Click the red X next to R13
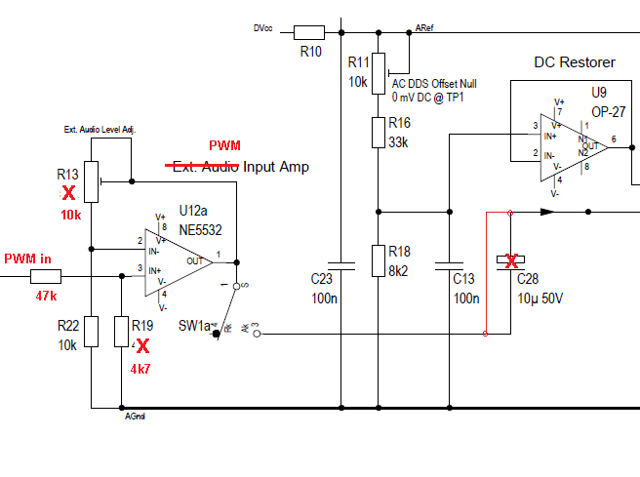68,193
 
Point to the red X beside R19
143,345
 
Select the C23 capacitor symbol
340,263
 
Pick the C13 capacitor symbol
448,263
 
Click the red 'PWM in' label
27,258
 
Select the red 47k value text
46,295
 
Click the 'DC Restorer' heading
575,62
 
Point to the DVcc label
262,29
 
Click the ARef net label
425,29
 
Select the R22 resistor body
90,332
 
